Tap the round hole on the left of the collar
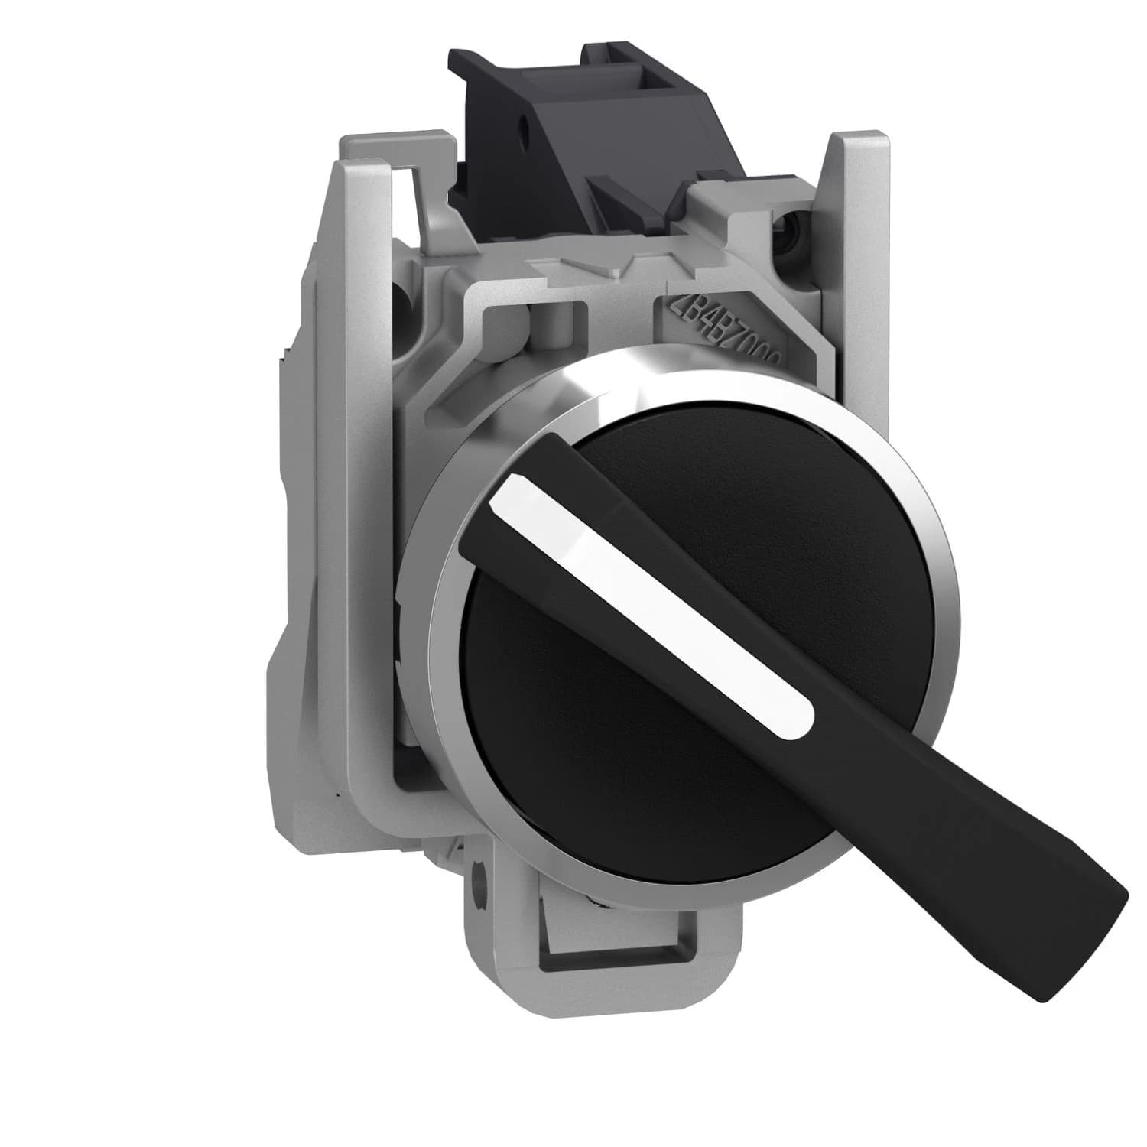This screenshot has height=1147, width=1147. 404,293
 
